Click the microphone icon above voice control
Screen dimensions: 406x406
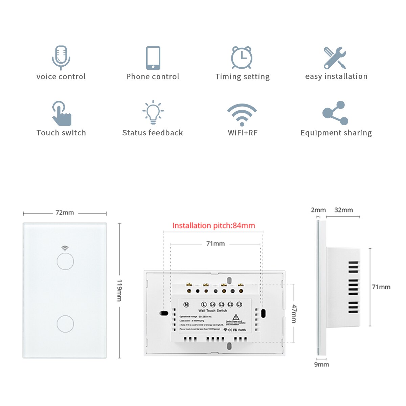[61, 58]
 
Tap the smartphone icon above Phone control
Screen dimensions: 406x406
[153, 58]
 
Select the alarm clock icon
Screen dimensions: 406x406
[242, 58]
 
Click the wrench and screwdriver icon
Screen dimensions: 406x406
[335, 58]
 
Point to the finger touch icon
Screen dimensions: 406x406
[62, 113]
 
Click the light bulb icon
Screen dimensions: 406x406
[153, 112]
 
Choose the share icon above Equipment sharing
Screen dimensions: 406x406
[335, 113]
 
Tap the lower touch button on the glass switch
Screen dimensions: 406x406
[65, 324]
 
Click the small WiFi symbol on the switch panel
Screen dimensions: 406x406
[65, 248]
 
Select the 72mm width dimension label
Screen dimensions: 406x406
[65, 213]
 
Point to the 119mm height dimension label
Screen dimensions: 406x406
[119, 290]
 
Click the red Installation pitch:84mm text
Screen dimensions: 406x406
[213, 226]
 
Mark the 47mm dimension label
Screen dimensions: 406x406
[294, 314]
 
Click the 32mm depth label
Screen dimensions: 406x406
[343, 210]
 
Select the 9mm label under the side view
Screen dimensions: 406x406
[321, 364]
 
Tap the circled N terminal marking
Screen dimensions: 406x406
[186, 304]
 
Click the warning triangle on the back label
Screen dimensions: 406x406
[236, 317]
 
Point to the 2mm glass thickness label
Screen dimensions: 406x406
[318, 210]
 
